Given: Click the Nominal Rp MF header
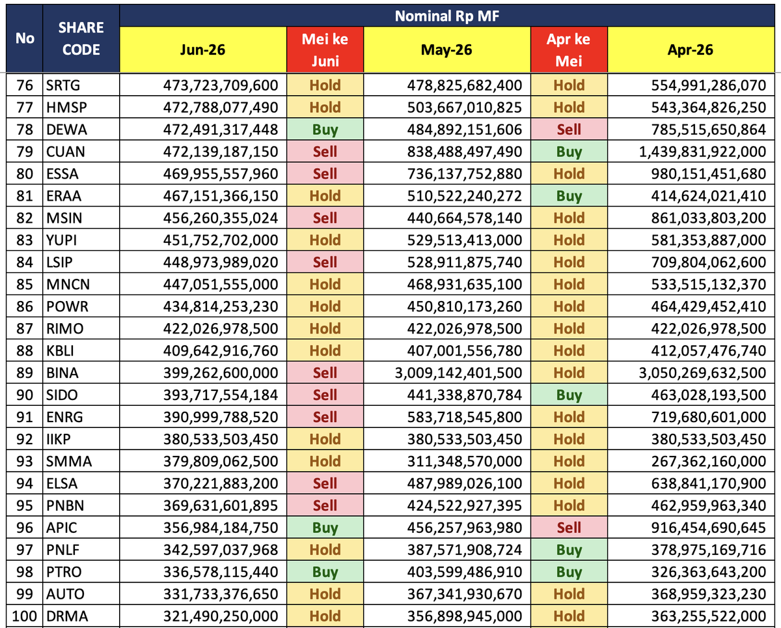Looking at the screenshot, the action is click(x=446, y=16).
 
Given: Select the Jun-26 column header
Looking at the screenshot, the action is click(x=203, y=50).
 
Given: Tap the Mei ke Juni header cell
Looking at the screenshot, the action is click(x=325, y=50).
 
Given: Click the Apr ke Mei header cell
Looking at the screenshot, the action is click(x=569, y=50).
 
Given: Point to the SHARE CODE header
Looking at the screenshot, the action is click(x=81, y=38).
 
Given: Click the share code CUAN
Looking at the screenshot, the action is click(x=65, y=151).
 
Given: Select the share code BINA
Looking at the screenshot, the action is click(x=62, y=373).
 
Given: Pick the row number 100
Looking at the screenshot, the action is click(x=24, y=616).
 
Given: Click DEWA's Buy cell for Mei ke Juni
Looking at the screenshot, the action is click(x=325, y=129).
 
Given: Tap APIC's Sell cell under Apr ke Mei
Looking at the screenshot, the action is click(x=569, y=528).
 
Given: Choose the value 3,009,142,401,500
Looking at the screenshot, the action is click(x=458, y=373).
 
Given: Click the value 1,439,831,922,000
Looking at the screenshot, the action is click(x=702, y=151).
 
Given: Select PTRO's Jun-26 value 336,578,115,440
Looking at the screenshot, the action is click(x=220, y=572).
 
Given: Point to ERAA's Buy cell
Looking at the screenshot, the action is click(x=569, y=196).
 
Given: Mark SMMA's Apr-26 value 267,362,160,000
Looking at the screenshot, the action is click(x=708, y=461).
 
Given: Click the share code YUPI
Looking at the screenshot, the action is click(x=61, y=240).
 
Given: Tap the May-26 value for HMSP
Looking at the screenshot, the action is click(x=465, y=107).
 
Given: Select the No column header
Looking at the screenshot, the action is click(x=25, y=38).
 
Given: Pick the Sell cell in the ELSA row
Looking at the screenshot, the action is click(x=325, y=483).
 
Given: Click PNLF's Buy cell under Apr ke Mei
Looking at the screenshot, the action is click(x=569, y=550).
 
